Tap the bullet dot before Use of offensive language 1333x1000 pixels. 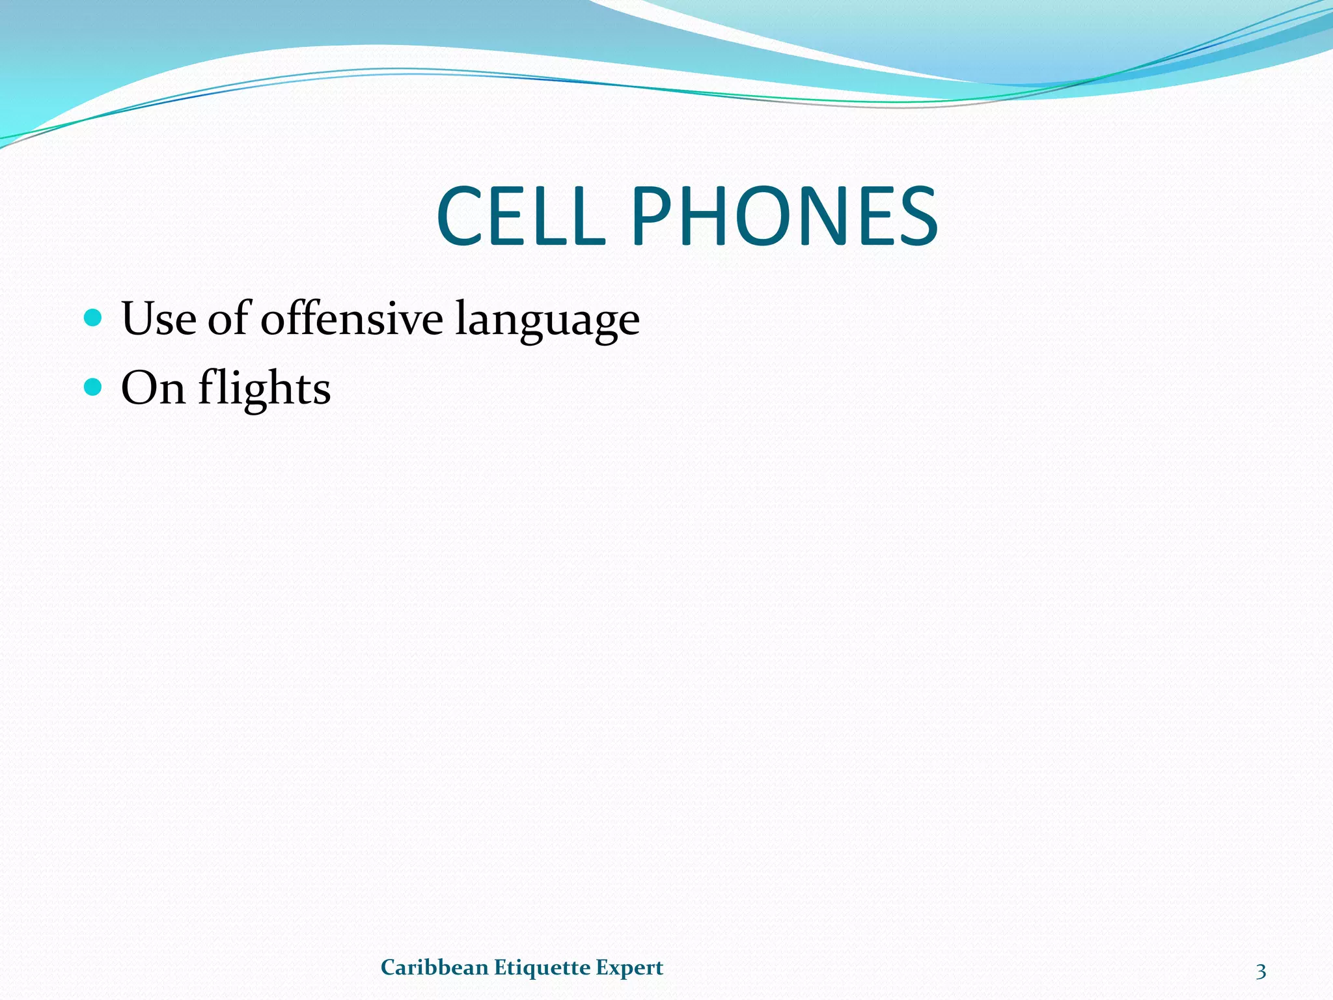[x=94, y=318]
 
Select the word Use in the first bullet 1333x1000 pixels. [x=158, y=319]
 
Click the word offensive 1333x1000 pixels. [x=351, y=319]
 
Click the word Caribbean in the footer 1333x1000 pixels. [x=434, y=967]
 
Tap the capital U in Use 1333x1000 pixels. [x=138, y=319]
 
